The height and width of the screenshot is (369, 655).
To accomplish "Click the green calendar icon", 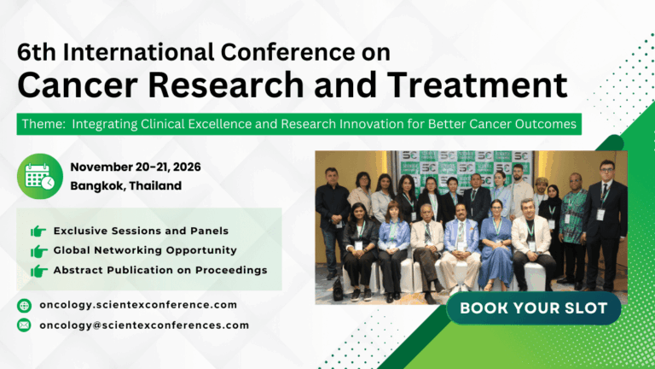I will click(39, 176).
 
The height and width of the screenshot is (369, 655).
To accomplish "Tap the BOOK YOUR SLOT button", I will click(534, 308).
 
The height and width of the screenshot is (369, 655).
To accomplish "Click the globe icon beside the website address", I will click(24, 305).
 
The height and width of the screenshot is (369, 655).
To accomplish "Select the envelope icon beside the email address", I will click(24, 325).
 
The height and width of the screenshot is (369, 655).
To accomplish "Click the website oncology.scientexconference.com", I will click(138, 305).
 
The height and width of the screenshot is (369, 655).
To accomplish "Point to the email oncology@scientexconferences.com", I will click(144, 325).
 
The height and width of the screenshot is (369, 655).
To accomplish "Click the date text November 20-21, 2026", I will click(136, 167).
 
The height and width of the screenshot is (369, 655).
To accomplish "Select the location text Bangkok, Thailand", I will click(125, 185).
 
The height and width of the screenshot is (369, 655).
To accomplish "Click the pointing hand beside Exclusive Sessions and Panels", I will click(38, 231).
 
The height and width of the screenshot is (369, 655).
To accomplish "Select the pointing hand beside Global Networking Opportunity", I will click(38, 251).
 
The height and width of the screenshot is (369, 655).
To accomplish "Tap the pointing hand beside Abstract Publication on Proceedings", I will click(38, 271).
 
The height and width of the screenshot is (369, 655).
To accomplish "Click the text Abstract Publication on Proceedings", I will click(160, 270).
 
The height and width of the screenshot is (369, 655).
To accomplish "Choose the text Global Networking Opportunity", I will click(145, 250).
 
